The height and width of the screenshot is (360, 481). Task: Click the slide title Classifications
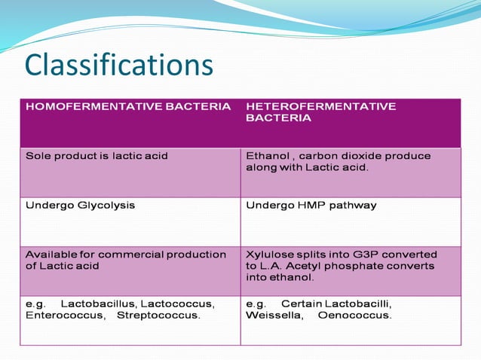pos(119,65)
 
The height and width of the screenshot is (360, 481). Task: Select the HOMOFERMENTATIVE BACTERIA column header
pos(128,107)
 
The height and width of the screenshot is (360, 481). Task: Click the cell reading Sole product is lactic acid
pos(97,156)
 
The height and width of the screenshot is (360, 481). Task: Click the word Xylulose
pos(270,254)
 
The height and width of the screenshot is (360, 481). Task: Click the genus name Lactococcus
pos(177,304)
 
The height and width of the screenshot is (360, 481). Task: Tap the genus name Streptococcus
pos(158,315)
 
